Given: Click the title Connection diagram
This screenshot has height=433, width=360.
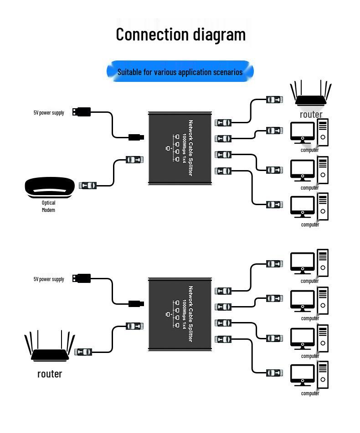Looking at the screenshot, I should click(180, 35).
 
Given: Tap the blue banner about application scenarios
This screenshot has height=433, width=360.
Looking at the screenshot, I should click(180, 72).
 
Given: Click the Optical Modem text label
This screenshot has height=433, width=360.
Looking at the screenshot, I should click(48, 206).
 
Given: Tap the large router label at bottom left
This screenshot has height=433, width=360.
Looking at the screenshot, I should click(50, 374).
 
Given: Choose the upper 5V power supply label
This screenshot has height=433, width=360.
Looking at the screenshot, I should click(49, 113).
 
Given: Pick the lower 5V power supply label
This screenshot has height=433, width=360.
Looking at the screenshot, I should click(49, 279).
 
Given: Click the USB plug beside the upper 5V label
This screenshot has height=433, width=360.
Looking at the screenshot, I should click(81, 111).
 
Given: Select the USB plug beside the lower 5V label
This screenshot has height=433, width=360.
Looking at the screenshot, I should click(81, 278).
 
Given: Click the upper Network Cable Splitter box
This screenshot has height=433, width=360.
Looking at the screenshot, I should click(180, 148).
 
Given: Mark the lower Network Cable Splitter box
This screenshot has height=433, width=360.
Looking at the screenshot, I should click(180, 315).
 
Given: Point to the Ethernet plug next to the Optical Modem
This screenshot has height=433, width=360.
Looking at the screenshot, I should click(87, 185).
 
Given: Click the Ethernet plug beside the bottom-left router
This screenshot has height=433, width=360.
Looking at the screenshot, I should click(83, 352).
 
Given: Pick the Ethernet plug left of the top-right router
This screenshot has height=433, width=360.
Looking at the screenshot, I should click(275, 100).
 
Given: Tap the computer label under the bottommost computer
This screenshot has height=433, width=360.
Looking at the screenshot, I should click(310, 393).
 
